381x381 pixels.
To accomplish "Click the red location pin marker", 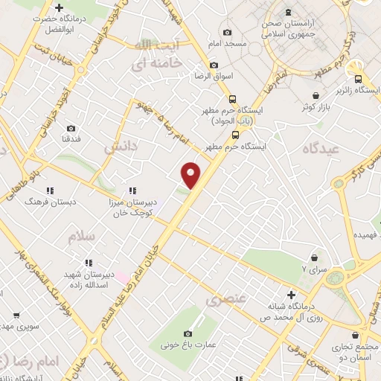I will click(x=191, y=174).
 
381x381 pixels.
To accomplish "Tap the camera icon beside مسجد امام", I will click(x=227, y=33).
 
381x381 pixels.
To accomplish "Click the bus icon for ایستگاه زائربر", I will click(x=359, y=79).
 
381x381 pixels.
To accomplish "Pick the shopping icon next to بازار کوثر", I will click(x=318, y=96).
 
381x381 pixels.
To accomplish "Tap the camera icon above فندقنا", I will click(x=71, y=128).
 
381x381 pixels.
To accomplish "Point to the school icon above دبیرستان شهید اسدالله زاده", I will click(x=89, y=263).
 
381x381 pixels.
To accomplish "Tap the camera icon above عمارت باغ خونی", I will click(x=187, y=333).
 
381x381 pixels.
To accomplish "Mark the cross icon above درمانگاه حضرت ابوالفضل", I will click(x=59, y=7).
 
